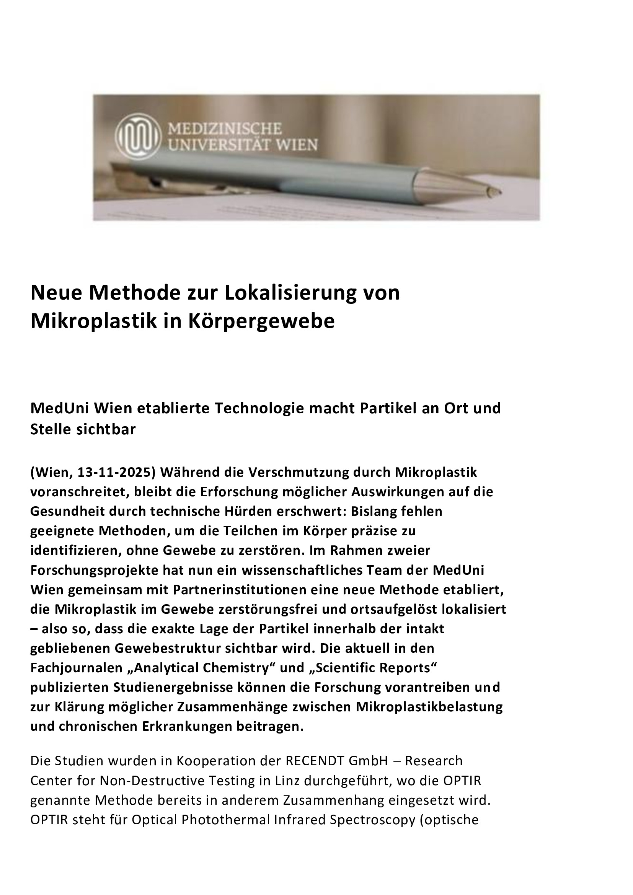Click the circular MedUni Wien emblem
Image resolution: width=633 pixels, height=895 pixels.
tap(139, 136)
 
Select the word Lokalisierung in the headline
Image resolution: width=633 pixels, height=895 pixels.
tap(291, 293)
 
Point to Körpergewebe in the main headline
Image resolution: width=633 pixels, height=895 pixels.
tap(261, 321)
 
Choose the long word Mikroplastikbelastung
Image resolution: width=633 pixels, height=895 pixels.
tap(429, 707)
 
